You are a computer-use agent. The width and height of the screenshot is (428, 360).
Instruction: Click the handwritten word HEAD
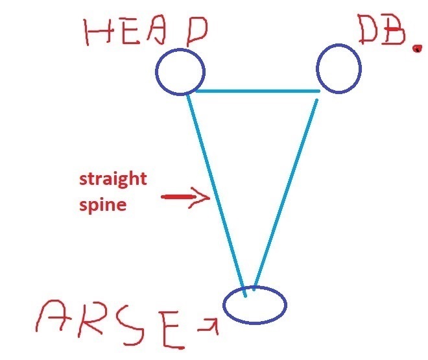[145, 31]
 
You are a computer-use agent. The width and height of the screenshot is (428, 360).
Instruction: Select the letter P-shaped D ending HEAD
[197, 32]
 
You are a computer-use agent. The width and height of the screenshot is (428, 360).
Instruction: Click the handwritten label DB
[382, 29]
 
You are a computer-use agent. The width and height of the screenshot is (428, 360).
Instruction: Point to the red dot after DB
[417, 49]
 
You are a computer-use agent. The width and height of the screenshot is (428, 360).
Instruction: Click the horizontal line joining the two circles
[257, 91]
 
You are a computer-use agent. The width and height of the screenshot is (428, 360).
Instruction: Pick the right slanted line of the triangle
[285, 195]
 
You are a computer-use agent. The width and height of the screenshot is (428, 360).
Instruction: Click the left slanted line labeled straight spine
[217, 195]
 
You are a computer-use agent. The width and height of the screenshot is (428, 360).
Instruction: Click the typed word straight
[113, 179]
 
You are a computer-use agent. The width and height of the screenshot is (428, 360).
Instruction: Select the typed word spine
[103, 205]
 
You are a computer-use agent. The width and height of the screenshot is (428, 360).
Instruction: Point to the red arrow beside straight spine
[185, 197]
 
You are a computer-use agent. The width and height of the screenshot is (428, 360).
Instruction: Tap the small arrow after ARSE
[209, 326]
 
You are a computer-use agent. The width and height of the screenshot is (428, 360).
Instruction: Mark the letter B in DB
[394, 29]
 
